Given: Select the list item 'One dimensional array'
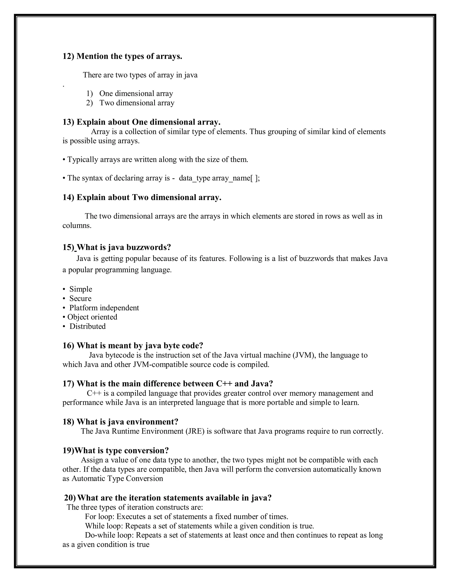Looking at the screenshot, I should [x=136, y=94].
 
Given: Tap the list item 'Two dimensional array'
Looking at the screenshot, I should [x=137, y=103].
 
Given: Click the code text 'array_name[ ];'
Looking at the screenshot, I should [x=236, y=178].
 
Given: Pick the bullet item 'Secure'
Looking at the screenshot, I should [x=80, y=298].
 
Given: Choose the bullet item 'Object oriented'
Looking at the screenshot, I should [x=92, y=317].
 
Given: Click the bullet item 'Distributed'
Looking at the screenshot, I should [x=87, y=326].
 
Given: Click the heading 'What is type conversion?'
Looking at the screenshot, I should [x=121, y=451].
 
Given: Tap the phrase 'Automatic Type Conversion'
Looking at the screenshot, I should [x=117, y=479].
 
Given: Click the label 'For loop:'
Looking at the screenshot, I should [x=100, y=517].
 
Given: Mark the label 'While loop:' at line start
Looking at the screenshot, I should [x=104, y=526].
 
